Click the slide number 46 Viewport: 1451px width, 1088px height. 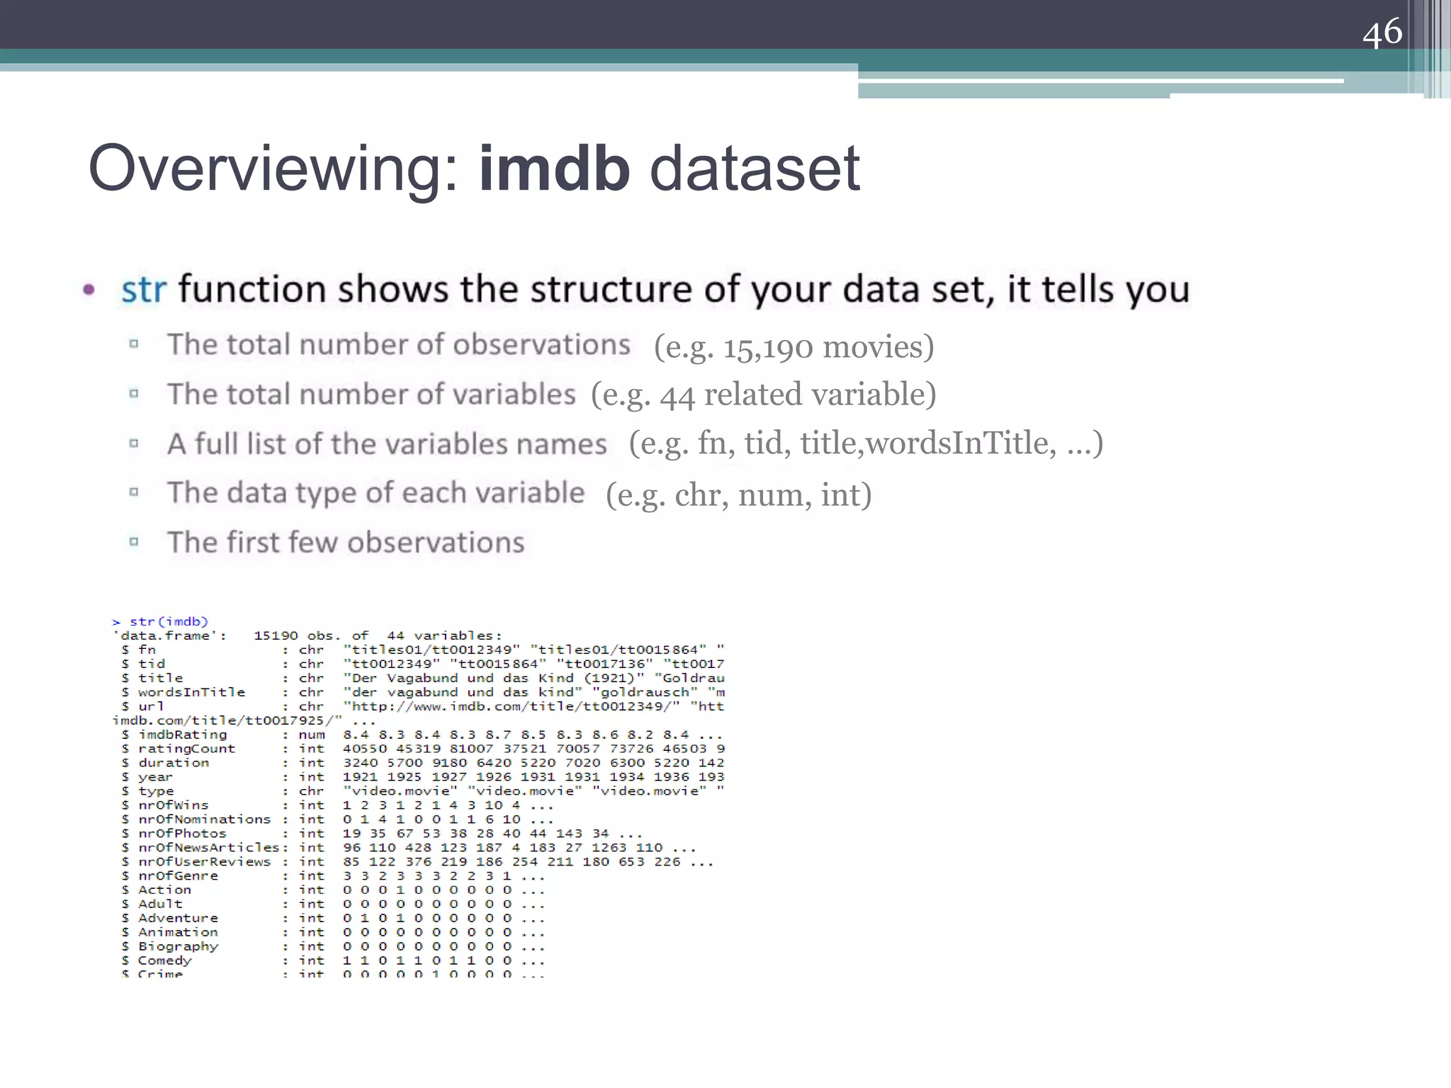tap(1382, 33)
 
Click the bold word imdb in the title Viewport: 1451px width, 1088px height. tap(554, 169)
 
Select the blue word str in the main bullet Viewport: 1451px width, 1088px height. tap(144, 290)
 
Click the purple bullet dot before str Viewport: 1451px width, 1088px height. tap(89, 289)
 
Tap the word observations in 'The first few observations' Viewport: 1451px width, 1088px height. tap(436, 543)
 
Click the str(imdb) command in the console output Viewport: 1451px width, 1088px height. tap(169, 622)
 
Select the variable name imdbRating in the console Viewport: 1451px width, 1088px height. tap(182, 735)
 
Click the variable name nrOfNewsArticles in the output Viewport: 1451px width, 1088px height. tap(209, 848)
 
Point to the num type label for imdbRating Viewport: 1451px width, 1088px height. tap(312, 735)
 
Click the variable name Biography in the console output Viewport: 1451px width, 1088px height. tap(178, 947)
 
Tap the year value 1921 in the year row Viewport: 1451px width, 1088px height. tap(360, 777)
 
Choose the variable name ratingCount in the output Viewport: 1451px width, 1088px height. tap(186, 749)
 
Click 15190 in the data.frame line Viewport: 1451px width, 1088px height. tap(276, 636)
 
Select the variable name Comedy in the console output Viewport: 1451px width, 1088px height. tap(164, 961)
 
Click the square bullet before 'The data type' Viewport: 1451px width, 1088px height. tap(134, 492)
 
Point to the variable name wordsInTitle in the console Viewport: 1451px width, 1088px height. tap(191, 692)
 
